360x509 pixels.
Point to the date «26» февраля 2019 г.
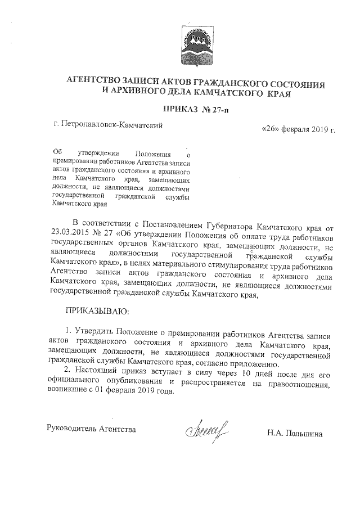pyautogui.click(x=298, y=130)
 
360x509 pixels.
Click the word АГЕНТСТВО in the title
pyautogui.click(x=94, y=82)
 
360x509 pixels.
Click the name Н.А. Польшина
pyautogui.click(x=295, y=433)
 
